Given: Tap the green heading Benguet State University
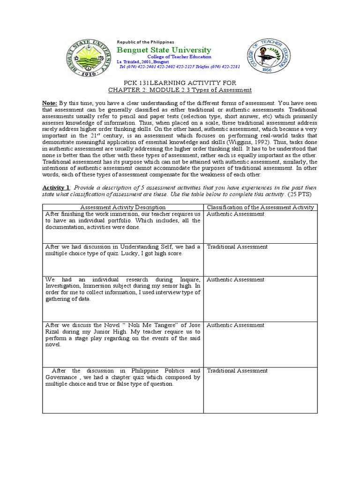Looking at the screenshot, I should tap(164, 50).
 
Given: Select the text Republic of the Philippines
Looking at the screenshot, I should tap(145, 42).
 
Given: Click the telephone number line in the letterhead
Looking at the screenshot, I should tap(180, 67).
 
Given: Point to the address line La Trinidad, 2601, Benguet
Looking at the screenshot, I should tap(141, 62).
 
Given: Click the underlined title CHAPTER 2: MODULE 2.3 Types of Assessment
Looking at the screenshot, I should tap(180, 90).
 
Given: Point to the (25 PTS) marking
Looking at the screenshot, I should tap(305, 194).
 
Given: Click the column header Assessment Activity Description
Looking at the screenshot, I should tap(123, 207).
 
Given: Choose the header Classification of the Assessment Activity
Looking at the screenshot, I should tap(261, 207).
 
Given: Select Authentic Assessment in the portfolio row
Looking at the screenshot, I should tap(235, 214).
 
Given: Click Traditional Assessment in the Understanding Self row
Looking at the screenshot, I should tap(237, 247).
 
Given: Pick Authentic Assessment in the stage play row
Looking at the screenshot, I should tap(235, 325).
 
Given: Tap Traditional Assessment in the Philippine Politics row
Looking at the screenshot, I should tap(237, 371).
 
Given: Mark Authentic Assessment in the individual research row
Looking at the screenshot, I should tap(235, 280).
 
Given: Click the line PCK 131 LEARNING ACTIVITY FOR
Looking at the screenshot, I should tap(180, 83).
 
